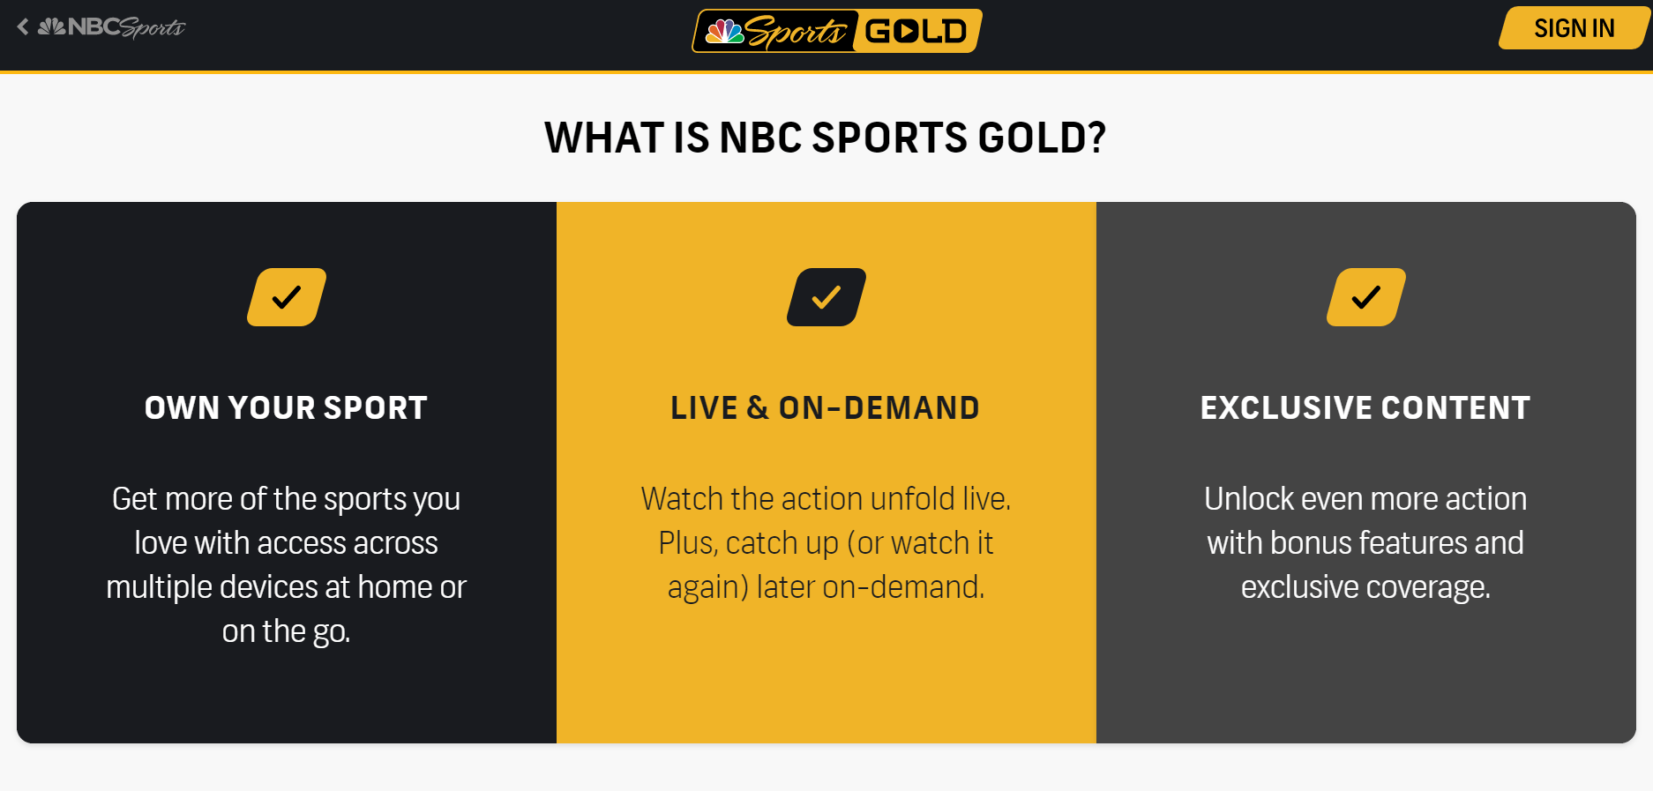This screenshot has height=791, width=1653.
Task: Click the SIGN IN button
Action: click(1574, 28)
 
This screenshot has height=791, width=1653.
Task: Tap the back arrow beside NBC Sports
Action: click(23, 27)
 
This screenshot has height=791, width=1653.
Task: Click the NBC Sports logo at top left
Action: click(112, 27)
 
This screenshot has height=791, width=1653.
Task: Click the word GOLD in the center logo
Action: click(916, 32)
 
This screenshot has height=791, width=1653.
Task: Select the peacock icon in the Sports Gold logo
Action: click(725, 32)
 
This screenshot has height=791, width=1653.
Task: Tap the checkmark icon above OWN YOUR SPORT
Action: click(287, 297)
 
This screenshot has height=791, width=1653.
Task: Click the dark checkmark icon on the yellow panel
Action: click(826, 297)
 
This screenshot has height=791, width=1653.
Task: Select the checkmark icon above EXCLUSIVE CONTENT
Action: click(1366, 297)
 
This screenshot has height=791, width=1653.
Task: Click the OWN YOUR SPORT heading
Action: click(286, 408)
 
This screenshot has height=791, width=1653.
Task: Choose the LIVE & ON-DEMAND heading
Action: click(825, 408)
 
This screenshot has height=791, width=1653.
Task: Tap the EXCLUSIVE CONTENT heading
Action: click(1365, 408)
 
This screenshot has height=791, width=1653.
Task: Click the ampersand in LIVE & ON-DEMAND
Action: click(758, 408)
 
